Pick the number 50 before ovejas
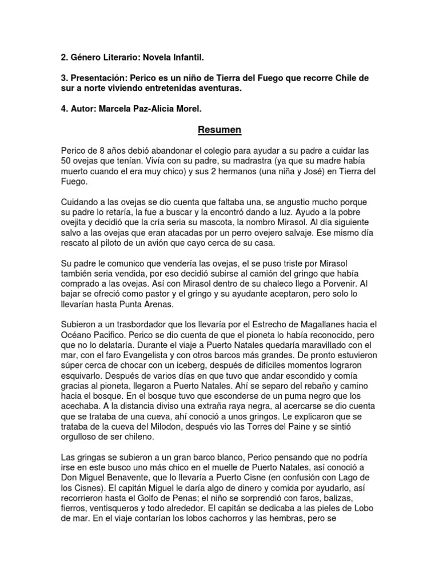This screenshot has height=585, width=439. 66,162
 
